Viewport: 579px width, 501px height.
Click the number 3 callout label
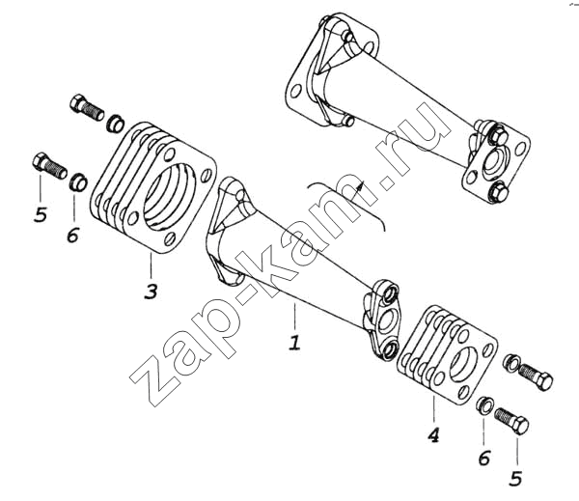(x=151, y=292)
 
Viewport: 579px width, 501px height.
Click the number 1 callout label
(x=294, y=343)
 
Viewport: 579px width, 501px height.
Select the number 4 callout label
(x=434, y=434)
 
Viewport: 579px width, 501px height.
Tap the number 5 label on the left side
(x=41, y=214)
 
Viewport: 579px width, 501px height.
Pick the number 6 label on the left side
(x=73, y=235)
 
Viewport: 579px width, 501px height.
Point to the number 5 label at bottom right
(x=515, y=479)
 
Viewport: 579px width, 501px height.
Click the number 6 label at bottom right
(x=484, y=459)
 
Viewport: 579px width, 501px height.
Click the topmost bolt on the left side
(x=87, y=107)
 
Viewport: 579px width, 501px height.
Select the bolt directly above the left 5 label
(x=50, y=166)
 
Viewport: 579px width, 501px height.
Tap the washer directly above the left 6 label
(x=78, y=181)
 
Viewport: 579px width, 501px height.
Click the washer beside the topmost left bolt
(x=115, y=124)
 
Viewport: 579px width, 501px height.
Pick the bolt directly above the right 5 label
(x=511, y=421)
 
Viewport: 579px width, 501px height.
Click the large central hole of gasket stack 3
(x=170, y=197)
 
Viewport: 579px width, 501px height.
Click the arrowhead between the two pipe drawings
(x=360, y=183)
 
